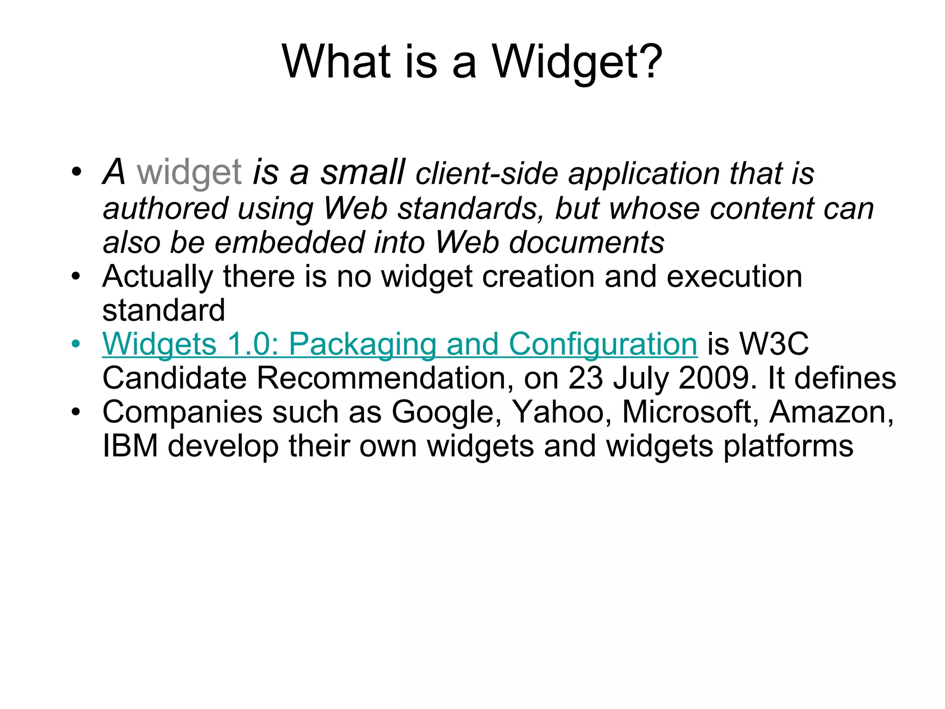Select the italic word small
pyautogui.click(x=363, y=172)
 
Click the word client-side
pyautogui.click(x=487, y=174)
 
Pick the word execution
pyautogui.click(x=734, y=276)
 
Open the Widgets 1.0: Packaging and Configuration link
pyautogui.click(x=400, y=345)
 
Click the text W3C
pyautogui.click(x=773, y=344)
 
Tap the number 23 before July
pyautogui.click(x=585, y=378)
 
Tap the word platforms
pyautogui.click(x=788, y=447)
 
